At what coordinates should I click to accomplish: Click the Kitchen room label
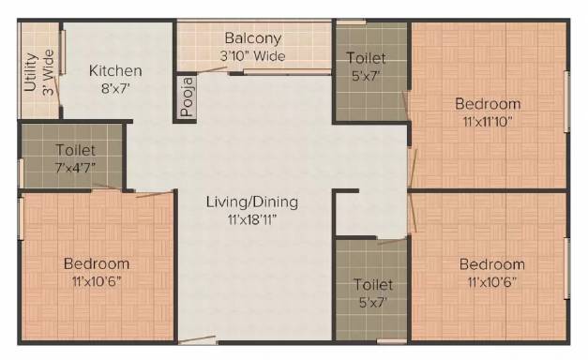pos(115,71)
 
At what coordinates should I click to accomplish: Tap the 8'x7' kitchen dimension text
pos(115,89)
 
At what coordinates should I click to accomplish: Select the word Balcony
pos(253,38)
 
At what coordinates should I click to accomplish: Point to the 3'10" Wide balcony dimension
pos(253,56)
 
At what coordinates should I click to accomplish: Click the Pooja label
pos(188,97)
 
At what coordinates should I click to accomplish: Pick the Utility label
pos(32,72)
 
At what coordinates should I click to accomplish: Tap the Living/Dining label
pos(252,202)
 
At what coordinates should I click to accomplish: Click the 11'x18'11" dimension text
pos(252,219)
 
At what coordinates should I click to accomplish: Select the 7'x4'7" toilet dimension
pos(75,168)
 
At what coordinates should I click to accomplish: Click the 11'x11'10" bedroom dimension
pos(488,122)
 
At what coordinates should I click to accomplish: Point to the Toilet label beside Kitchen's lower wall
pos(75,150)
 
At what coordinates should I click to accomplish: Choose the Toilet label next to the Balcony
pos(366,58)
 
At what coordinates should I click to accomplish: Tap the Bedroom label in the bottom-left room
pos(97,264)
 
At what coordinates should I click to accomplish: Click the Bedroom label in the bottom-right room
pos(492,264)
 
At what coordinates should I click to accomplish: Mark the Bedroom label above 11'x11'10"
pos(488,104)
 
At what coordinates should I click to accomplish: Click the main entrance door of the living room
pos(197,339)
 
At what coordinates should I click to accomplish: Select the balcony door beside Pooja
pos(212,70)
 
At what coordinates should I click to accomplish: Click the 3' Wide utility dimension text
pos(49,72)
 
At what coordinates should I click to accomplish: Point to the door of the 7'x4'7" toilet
pos(107,187)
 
